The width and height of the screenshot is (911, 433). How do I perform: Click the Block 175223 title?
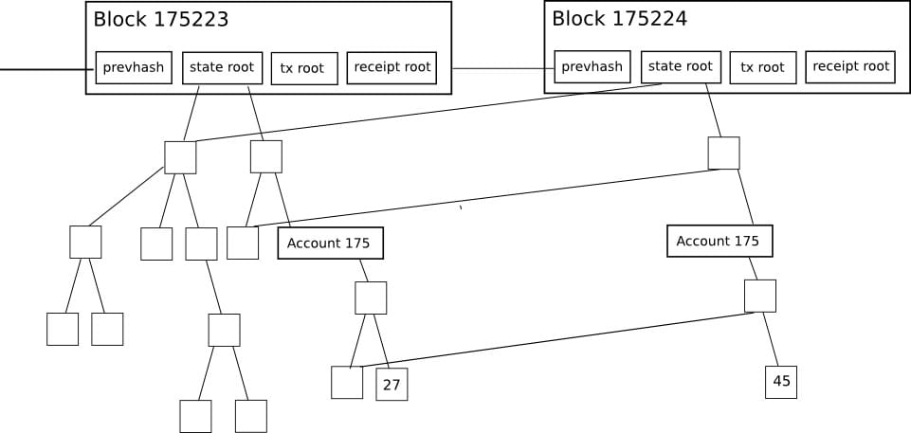click(161, 19)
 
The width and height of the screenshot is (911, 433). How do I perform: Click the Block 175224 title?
click(619, 18)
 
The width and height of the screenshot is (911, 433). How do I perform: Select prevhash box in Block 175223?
click(135, 68)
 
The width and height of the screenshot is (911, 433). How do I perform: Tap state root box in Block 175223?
click(222, 67)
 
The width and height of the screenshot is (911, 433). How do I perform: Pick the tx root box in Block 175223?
click(303, 68)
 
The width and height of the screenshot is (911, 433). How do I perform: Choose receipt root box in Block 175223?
click(392, 67)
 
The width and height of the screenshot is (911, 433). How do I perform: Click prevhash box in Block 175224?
click(592, 66)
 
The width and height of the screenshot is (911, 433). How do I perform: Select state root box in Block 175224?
click(681, 66)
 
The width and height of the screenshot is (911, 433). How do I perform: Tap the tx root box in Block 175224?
click(762, 67)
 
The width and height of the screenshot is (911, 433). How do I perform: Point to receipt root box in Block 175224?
click(850, 66)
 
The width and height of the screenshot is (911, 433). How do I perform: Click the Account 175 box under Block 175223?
click(330, 244)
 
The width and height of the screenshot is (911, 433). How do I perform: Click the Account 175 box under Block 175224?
click(720, 242)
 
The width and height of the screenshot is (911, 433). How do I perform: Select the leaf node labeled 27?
click(392, 384)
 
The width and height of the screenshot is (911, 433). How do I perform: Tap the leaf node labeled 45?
click(781, 382)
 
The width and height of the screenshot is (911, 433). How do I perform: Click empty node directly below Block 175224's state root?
click(723, 153)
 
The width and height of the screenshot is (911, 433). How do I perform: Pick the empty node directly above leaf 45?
click(759, 296)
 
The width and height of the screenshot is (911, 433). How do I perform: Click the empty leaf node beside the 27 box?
click(347, 382)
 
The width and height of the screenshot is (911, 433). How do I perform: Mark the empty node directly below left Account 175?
click(371, 298)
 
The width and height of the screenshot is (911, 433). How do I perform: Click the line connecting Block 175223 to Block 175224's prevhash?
click(502, 68)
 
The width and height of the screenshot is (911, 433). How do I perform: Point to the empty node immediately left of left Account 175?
click(243, 244)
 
